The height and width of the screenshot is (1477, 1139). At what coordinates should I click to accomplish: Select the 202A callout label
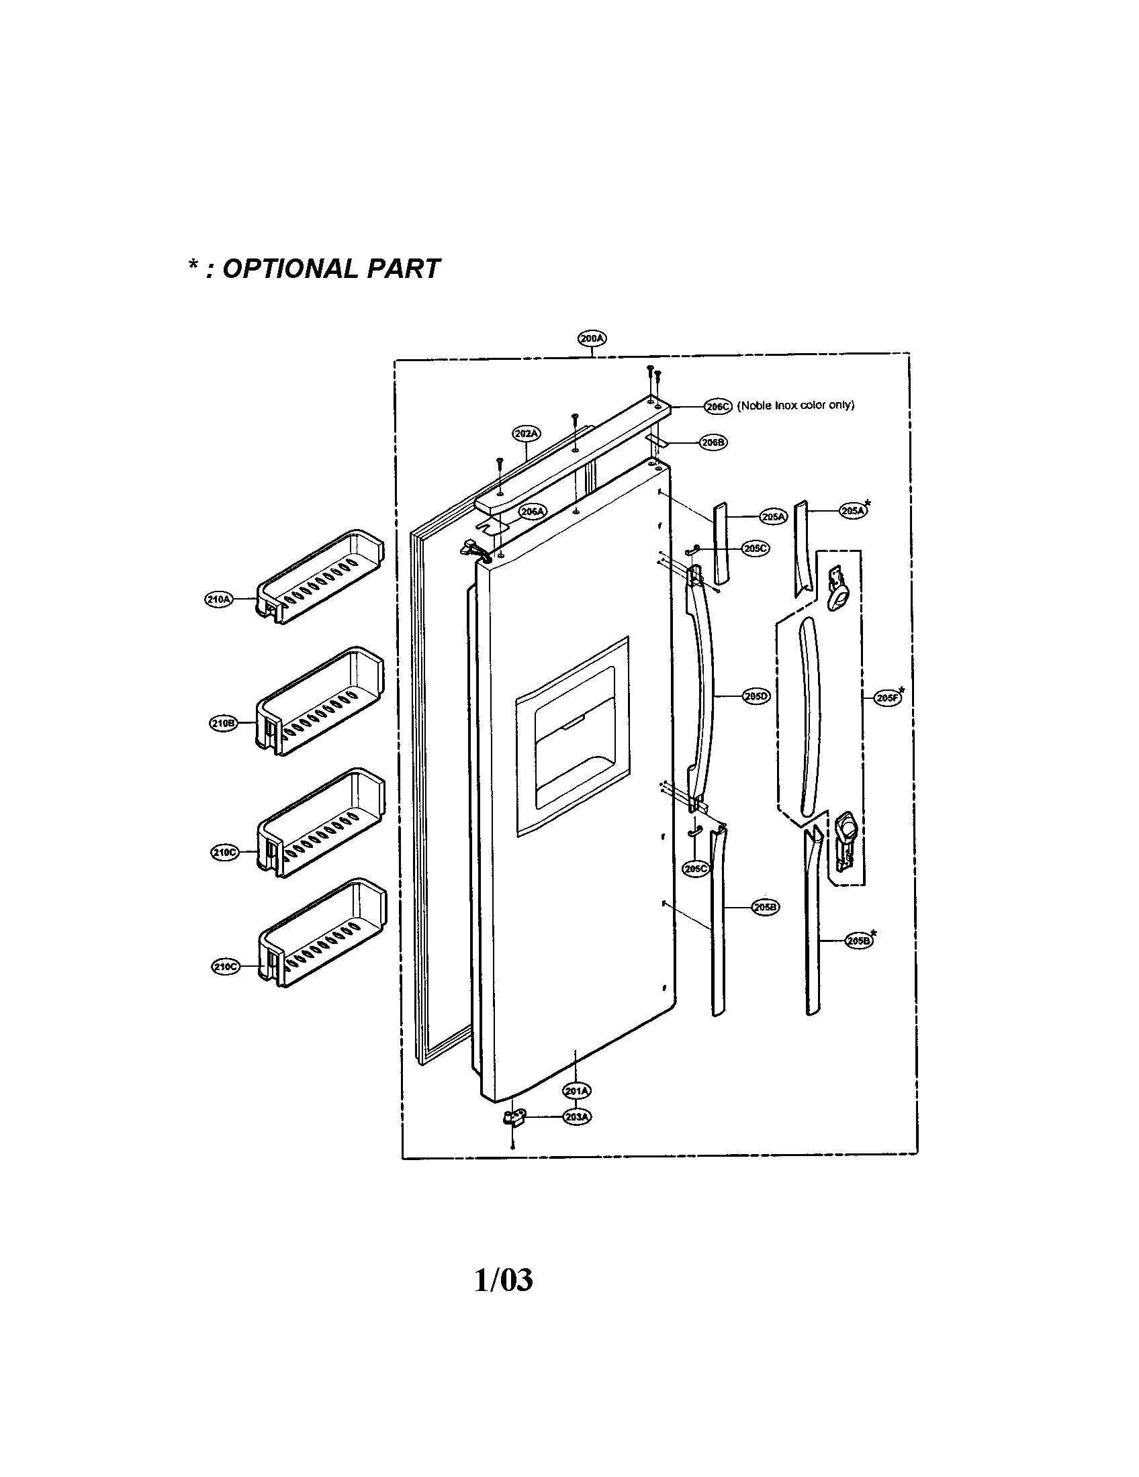(527, 433)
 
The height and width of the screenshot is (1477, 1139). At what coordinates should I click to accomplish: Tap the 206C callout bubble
(718, 406)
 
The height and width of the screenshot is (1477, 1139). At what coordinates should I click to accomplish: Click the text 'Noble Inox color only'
(795, 405)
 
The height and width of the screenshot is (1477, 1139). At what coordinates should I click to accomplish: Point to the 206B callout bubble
(713, 442)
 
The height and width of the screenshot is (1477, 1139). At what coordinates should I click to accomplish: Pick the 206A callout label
(533, 512)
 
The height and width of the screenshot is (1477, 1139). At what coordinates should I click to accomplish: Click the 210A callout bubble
(218, 598)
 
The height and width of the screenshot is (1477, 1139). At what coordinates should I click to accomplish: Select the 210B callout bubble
(222, 723)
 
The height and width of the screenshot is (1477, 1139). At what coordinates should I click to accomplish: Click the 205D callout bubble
(756, 696)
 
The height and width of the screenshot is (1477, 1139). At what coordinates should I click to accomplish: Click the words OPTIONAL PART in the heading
(330, 269)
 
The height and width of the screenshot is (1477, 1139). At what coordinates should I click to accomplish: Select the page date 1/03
(503, 1280)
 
